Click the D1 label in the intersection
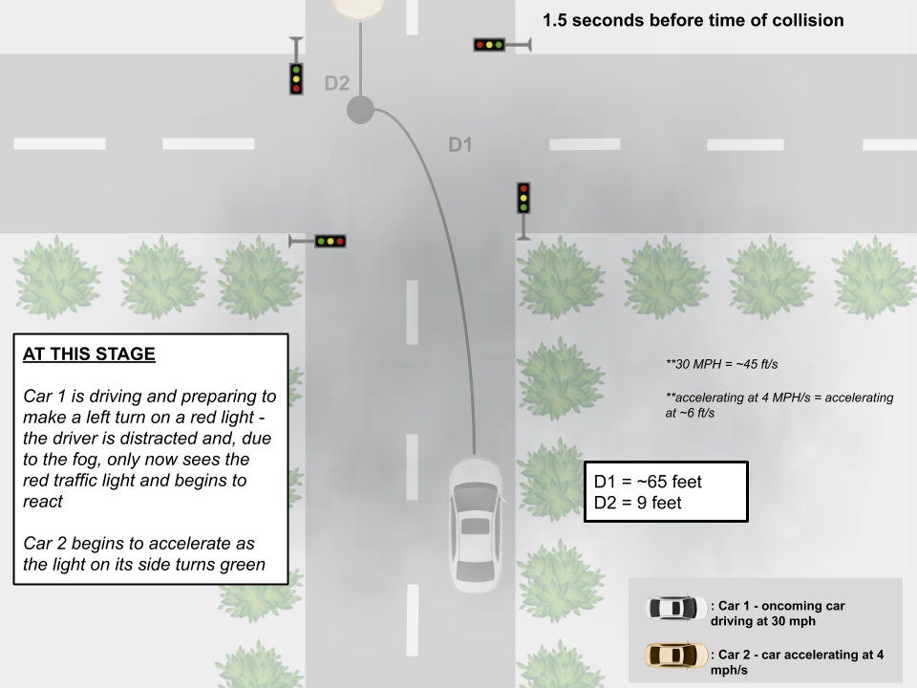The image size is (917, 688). coord(460,145)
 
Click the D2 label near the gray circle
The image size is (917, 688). coord(336,83)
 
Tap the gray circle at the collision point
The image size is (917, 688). coord(359,110)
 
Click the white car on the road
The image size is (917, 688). coord(475,524)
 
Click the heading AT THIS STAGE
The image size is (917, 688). coord(89,354)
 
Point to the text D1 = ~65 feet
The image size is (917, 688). coord(648,482)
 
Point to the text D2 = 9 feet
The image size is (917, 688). coord(638,503)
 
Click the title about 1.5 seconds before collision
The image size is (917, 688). coord(693,20)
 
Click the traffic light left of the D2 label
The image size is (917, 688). coord(296,77)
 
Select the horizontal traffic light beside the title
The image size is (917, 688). coord(489,44)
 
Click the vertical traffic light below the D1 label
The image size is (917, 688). coord(523,198)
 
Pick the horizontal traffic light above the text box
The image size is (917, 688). coord(331,241)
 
